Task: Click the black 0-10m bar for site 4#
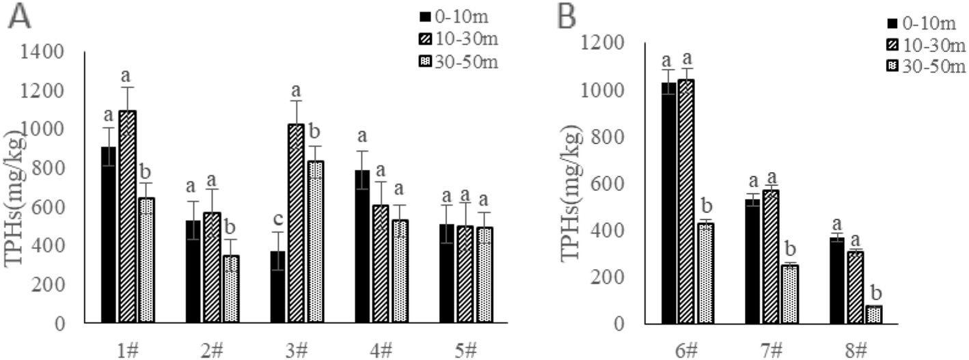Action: (363, 246)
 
